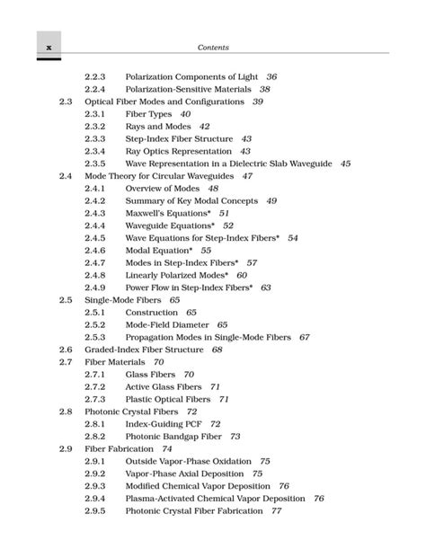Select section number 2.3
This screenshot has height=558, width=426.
coord(65,102)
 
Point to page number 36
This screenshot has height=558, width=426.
coord(272,77)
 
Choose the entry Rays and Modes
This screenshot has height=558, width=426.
coord(155,127)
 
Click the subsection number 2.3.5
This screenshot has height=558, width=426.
coord(94,164)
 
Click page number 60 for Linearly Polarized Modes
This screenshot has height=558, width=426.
coord(242,274)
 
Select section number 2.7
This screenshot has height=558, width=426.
coord(65,361)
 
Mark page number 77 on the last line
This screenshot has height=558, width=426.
coord(277,510)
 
